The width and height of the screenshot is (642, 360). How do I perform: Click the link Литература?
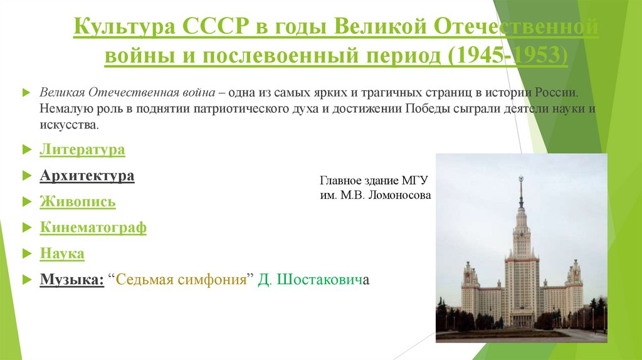point(82,150)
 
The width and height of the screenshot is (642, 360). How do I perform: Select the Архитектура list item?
point(87,176)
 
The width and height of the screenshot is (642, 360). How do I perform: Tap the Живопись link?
point(78,202)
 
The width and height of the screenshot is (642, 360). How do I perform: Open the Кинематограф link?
point(93,228)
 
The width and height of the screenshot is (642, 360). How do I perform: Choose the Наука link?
point(62,254)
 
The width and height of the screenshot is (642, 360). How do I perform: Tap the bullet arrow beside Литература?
point(26,150)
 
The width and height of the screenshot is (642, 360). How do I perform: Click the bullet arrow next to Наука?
point(26,254)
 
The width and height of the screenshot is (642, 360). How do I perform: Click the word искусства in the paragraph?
point(68,125)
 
